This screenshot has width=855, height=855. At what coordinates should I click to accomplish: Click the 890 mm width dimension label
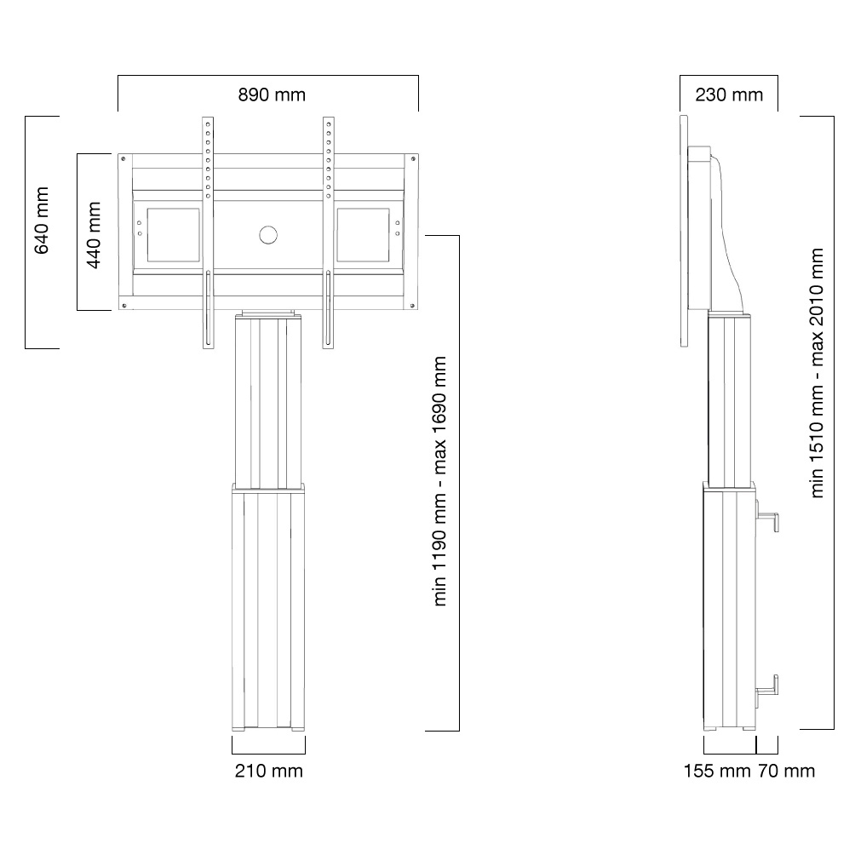(x=272, y=95)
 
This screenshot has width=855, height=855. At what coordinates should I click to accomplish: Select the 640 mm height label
(x=42, y=221)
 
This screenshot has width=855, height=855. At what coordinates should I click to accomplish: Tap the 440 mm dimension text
(x=94, y=235)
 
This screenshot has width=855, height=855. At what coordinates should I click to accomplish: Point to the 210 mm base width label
(x=269, y=771)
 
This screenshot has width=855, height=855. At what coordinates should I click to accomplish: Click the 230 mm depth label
(x=729, y=95)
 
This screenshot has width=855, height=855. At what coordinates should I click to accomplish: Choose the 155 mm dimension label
(x=717, y=771)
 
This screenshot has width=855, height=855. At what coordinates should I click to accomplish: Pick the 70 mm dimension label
(x=786, y=771)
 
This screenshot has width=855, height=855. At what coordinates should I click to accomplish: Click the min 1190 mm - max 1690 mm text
(x=439, y=481)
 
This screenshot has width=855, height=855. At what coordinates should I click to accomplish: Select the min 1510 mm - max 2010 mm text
(x=817, y=373)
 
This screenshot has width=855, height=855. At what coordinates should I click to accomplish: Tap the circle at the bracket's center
(x=267, y=235)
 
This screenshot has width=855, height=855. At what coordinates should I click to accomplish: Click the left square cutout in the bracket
(x=174, y=234)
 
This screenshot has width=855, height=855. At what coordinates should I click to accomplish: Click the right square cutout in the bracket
(x=363, y=234)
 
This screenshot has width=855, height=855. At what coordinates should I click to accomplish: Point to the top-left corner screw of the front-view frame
(x=123, y=158)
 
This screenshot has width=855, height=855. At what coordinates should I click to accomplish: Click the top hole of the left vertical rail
(x=208, y=125)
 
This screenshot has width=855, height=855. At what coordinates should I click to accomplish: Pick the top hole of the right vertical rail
(x=328, y=125)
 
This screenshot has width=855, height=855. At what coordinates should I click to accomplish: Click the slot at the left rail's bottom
(x=208, y=308)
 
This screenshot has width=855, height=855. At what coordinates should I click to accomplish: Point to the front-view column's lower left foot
(x=238, y=728)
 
